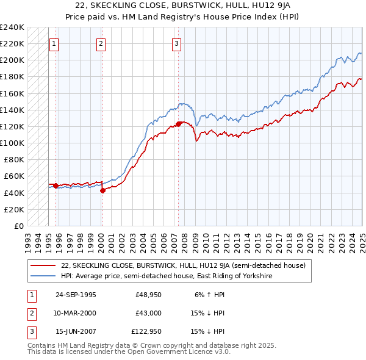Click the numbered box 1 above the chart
pyautogui.click(x=54, y=43)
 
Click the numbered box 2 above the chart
pyautogui.click(x=101, y=43)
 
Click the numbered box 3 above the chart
pyautogui.click(x=176, y=43)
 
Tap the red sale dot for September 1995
pyautogui.click(x=56, y=185)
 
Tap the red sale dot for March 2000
pyautogui.click(x=102, y=190)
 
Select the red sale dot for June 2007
pyautogui.click(x=179, y=124)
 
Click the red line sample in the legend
pyautogui.click(x=44, y=265)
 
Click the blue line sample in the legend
pyautogui.click(x=44, y=276)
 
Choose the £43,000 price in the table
pyautogui.click(x=148, y=313)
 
